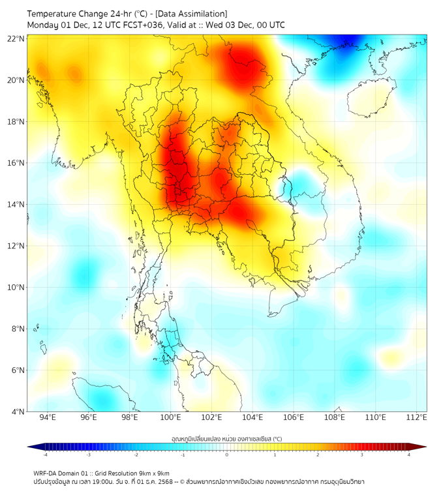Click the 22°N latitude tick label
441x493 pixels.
coord(16,38)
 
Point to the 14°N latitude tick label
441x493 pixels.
coord(16,205)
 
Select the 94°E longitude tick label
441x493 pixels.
coord(48,417)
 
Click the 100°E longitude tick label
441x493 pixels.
coord(171,417)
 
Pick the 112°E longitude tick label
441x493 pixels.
coord(416,417)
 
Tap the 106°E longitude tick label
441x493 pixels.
coord(294,417)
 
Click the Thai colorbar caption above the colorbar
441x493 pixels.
coord(226,438)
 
